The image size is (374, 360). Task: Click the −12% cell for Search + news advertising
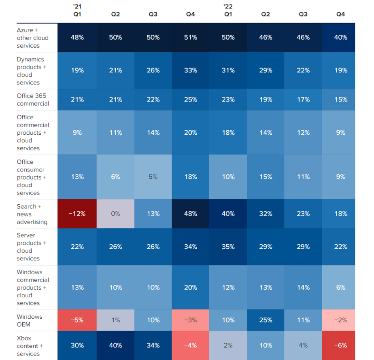click(x=77, y=214)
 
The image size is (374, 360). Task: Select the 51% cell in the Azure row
click(x=190, y=37)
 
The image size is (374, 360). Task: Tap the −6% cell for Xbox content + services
click(x=340, y=345)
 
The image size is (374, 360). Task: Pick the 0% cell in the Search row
click(x=115, y=214)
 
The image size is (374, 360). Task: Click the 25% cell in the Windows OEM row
click(x=266, y=320)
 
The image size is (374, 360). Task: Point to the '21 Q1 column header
click(x=77, y=11)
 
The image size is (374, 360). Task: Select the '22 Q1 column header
click(x=228, y=11)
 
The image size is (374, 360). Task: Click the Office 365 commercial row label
click(x=33, y=100)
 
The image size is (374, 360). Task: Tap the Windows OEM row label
click(x=30, y=320)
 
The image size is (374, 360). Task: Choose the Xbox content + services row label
click(x=30, y=346)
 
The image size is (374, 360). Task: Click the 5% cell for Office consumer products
click(x=153, y=177)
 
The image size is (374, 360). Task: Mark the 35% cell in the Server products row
click(x=228, y=247)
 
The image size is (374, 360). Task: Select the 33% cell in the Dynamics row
click(x=190, y=70)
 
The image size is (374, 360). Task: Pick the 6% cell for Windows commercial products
click(x=340, y=287)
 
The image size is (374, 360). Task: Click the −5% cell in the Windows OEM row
click(x=77, y=320)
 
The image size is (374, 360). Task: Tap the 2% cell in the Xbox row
click(x=228, y=345)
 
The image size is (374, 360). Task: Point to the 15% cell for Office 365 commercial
click(x=340, y=100)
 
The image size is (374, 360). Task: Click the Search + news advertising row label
click(x=32, y=214)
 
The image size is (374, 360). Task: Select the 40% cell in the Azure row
click(x=340, y=37)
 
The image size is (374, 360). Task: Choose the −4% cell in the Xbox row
click(x=190, y=345)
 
